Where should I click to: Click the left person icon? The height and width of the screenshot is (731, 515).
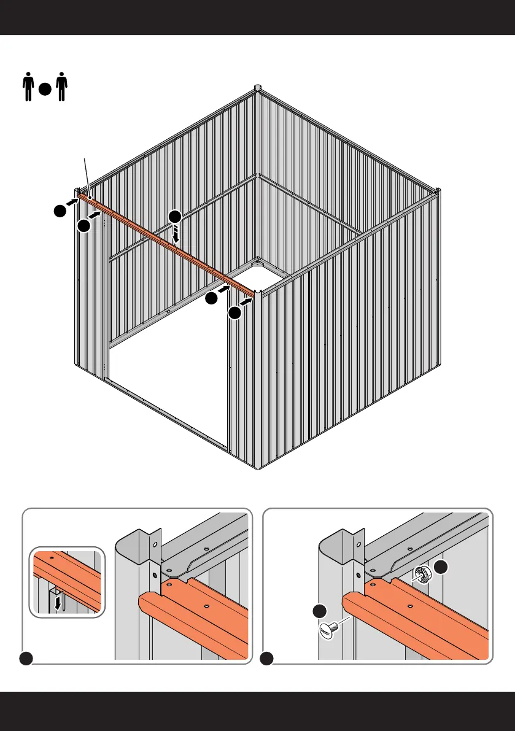coord(27,88)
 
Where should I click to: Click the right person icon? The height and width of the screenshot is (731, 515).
coord(61,88)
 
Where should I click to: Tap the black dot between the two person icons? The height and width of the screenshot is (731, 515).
coord(44,89)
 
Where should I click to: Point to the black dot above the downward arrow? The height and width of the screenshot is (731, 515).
coord(175,217)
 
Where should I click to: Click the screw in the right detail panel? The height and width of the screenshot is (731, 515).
coord(330,629)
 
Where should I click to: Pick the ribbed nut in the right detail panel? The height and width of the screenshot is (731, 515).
coord(422,573)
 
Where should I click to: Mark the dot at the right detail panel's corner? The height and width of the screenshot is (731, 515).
coord(266,659)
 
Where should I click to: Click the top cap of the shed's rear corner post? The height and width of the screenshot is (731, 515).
coord(258,88)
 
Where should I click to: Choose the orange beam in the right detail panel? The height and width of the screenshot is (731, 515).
coord(417,620)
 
